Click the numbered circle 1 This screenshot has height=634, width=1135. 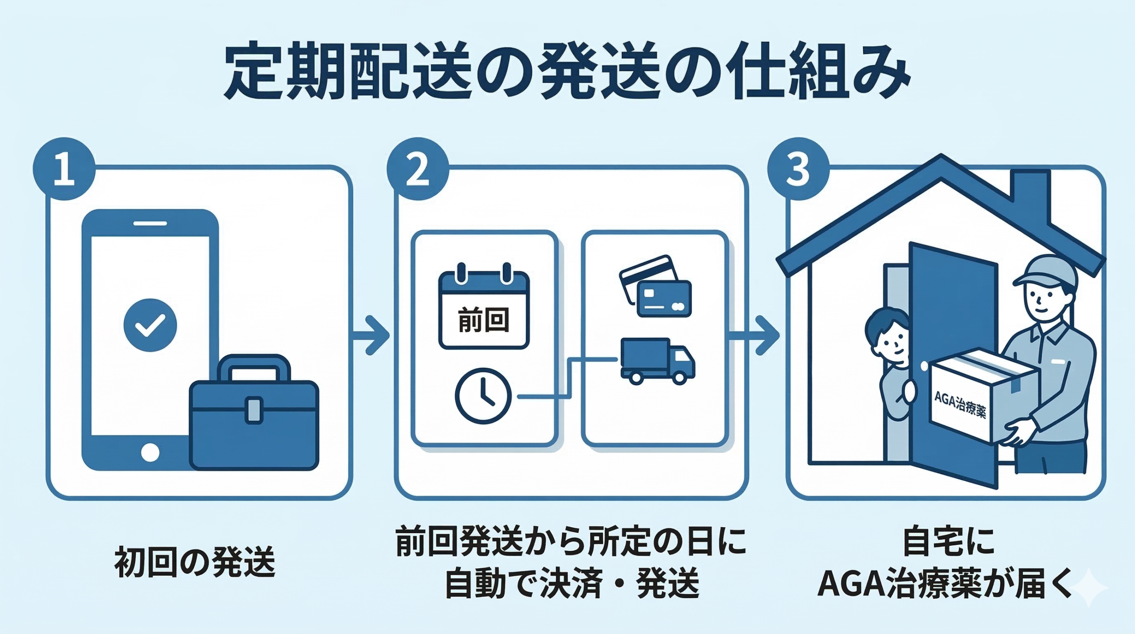[x=64, y=169]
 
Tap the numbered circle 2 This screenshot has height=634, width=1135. [x=417, y=169]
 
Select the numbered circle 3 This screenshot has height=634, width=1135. [x=798, y=169]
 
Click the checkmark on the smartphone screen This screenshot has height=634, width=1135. [x=150, y=325]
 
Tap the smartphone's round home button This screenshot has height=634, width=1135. [x=150, y=453]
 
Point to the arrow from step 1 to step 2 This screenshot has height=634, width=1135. [x=372, y=335]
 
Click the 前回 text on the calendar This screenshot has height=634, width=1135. [x=484, y=320]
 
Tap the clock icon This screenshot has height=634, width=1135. [x=483, y=396]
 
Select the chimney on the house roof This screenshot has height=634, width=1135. [x=1036, y=195]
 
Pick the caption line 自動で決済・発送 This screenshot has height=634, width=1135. [x=572, y=583]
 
